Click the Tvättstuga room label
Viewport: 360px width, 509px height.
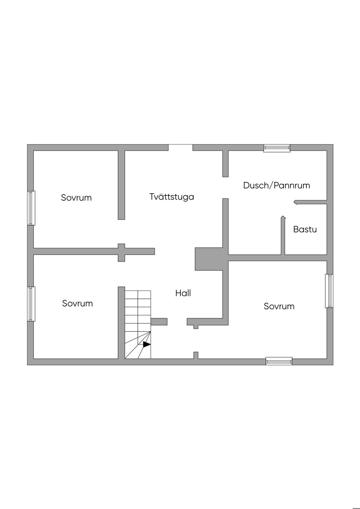[x=172, y=197]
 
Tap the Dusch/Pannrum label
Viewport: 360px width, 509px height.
[x=276, y=185]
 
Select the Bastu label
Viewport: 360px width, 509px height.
[x=305, y=230]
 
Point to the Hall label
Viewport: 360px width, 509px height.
[x=183, y=293]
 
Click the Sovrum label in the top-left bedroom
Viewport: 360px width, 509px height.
[x=76, y=198]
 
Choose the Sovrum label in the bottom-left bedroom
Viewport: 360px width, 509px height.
[x=77, y=303]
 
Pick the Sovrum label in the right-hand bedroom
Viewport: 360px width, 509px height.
[x=279, y=306]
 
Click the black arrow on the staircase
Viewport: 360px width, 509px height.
[x=147, y=344]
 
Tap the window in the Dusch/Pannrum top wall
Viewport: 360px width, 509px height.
[x=277, y=148]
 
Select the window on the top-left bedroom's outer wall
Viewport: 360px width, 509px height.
[x=31, y=208]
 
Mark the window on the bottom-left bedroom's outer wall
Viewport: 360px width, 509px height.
[x=31, y=304]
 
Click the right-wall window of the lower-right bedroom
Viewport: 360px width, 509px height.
[x=329, y=291]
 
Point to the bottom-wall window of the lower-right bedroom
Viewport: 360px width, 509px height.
[x=279, y=361]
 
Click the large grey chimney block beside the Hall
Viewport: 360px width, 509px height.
[x=209, y=259]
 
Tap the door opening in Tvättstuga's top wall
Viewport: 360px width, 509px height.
[x=180, y=147]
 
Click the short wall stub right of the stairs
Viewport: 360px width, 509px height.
[x=159, y=322]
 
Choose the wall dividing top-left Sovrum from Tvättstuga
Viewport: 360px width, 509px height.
[x=121, y=185]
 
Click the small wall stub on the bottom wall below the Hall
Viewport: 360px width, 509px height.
[x=196, y=355]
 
